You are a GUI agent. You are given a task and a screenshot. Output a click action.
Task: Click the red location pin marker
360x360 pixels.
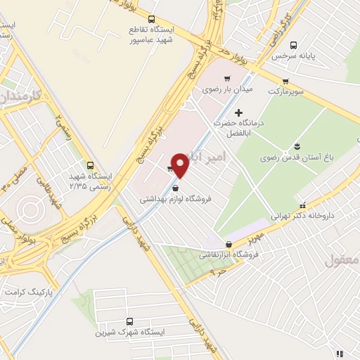click(x=181, y=165)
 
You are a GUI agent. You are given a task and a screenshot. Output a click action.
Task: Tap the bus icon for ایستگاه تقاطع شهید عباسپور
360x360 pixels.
click(x=153, y=19)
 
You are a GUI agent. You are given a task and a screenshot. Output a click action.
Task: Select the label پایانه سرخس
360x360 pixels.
click(x=312, y=54)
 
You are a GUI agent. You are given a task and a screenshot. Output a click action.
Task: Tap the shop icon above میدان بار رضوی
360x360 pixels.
click(x=227, y=79)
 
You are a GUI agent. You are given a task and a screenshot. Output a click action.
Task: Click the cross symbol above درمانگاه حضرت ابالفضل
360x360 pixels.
click(x=238, y=112)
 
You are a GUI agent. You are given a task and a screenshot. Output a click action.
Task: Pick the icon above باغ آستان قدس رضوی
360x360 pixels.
click(x=298, y=146)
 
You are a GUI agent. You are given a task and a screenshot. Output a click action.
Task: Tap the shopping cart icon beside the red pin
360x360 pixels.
click(x=170, y=169)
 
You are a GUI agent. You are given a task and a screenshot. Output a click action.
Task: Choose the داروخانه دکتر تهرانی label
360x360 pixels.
click(x=308, y=217)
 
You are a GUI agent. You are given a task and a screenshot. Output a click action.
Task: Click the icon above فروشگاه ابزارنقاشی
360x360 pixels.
click(x=246, y=244)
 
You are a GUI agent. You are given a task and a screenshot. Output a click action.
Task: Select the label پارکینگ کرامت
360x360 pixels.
click(x=29, y=290)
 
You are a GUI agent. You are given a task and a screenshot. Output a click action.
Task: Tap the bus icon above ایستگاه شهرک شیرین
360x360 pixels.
click(x=129, y=321)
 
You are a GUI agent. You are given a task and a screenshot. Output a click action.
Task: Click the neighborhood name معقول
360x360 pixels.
click(x=343, y=260)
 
